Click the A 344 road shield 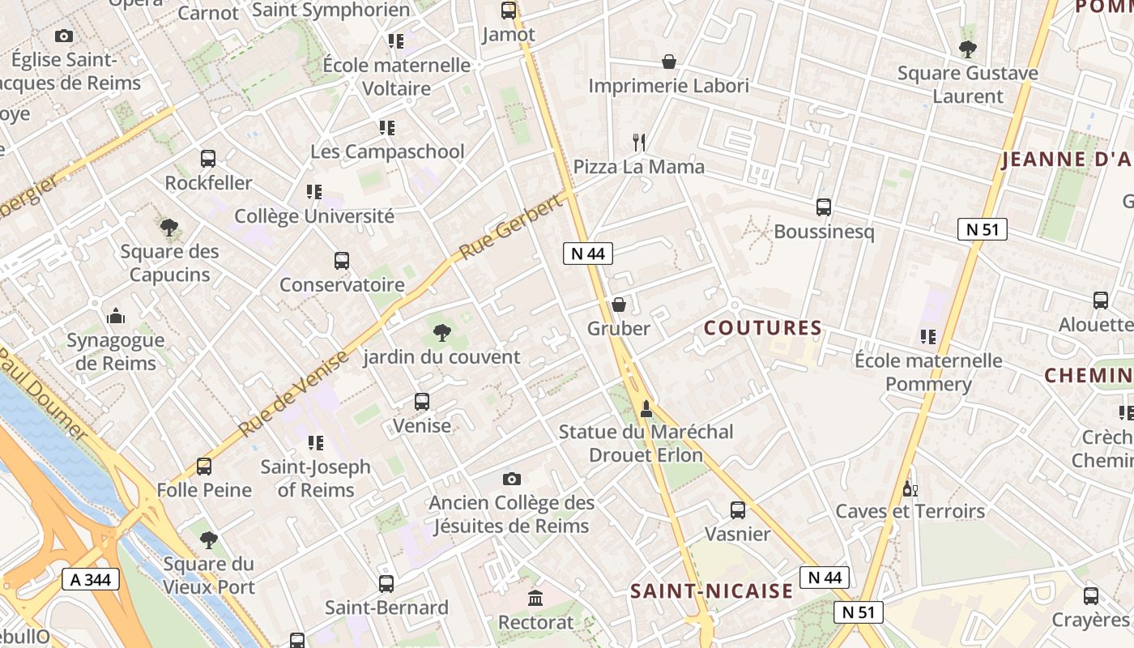coord(91,579)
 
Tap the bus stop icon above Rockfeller coord(208,159)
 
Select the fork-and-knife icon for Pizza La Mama coord(639,143)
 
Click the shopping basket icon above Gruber coord(619,305)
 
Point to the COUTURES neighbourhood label coord(763,328)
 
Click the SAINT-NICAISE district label coord(712,591)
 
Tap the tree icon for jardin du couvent coord(441,332)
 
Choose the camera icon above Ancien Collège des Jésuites coord(511,479)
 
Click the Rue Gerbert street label coord(511,228)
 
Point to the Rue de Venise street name coord(294,393)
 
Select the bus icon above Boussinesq coord(824,207)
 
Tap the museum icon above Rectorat coord(535,599)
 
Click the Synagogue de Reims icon coord(115,316)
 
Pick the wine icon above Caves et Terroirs coord(910,488)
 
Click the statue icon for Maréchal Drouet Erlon coord(646,407)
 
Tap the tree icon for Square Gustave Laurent coord(967,49)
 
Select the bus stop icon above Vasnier coord(737,510)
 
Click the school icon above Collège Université coord(313,192)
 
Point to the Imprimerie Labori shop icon coord(669,62)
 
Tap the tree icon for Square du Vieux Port coord(209,539)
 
